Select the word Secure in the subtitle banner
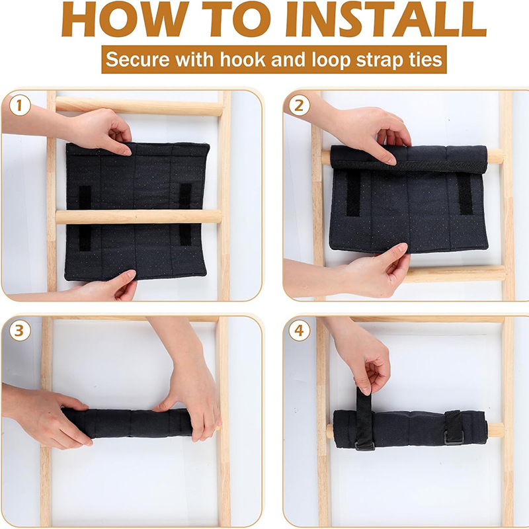click(x=138, y=60)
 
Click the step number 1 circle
click(x=20, y=106)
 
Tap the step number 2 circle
click(x=299, y=106)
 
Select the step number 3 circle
click(x=20, y=331)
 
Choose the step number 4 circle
click(x=299, y=331)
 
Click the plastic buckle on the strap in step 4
click(x=454, y=438)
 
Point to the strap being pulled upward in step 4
click(x=365, y=419)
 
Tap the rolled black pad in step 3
click(x=126, y=423)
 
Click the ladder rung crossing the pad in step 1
click(x=138, y=217)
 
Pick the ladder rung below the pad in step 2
click(x=456, y=274)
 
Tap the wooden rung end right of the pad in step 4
click(x=495, y=430)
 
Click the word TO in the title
click(x=237, y=19)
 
